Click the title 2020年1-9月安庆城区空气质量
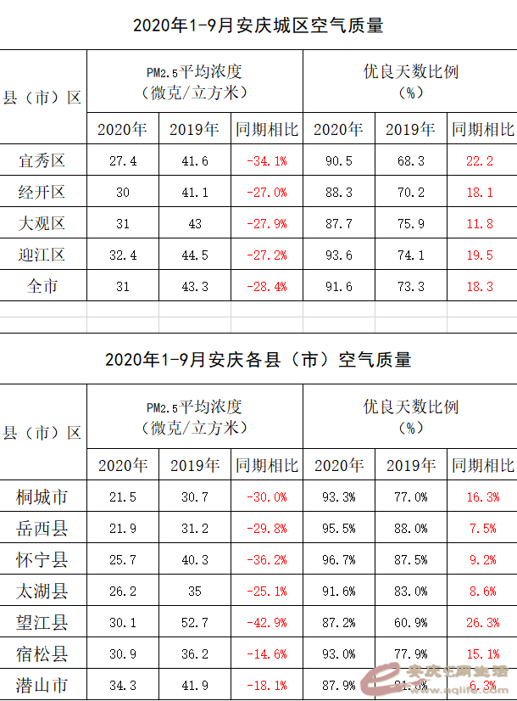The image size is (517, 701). tap(258, 26)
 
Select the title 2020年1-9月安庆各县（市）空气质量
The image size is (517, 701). tap(258, 360)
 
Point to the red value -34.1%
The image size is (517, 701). tap(266, 160)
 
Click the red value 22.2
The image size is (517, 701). tap(479, 160)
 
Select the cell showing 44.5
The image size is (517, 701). tap(194, 255)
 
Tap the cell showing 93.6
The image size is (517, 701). tap(338, 255)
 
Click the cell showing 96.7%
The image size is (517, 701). tap(338, 560)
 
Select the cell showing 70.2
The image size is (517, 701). tap(410, 193)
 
